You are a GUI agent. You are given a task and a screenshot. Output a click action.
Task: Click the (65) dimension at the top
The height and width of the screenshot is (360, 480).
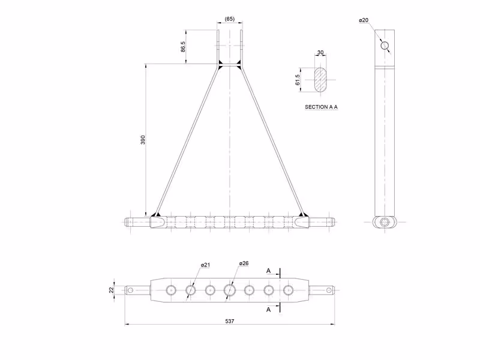[x=230, y=19]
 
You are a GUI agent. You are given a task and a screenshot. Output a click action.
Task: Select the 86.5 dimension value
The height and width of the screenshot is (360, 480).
[x=183, y=47]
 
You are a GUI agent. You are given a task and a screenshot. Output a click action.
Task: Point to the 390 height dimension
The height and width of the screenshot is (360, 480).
[x=143, y=140]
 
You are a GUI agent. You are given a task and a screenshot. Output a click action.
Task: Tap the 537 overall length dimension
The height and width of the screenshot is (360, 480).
[x=230, y=321]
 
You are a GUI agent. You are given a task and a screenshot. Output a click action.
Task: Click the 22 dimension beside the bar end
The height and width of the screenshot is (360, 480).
[x=112, y=290]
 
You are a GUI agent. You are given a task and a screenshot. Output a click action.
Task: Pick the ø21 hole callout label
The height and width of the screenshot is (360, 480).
[x=205, y=265]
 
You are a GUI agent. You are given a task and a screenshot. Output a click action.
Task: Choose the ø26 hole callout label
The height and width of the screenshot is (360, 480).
[x=244, y=263]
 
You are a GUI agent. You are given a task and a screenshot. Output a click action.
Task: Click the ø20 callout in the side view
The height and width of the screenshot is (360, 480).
[x=364, y=20]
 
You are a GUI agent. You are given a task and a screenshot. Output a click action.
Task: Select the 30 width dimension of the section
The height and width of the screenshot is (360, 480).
[x=320, y=52]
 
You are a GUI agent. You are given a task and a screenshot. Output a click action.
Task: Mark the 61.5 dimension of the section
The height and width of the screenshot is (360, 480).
[x=298, y=80]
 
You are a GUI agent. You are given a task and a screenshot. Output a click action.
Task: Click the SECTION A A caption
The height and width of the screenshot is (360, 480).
[x=321, y=107]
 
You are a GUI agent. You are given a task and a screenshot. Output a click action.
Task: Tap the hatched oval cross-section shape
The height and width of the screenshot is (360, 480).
[x=320, y=80]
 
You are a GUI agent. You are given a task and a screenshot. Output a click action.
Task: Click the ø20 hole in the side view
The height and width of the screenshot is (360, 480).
[x=385, y=46]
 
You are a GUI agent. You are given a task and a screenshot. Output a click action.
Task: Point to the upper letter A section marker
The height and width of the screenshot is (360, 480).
[x=268, y=271]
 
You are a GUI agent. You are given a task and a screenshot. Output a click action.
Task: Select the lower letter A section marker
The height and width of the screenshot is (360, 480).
[x=268, y=310]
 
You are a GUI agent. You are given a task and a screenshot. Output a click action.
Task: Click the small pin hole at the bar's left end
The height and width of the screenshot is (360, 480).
[x=130, y=290]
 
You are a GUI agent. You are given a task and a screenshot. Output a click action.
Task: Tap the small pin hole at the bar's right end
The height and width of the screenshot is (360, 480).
[x=329, y=290]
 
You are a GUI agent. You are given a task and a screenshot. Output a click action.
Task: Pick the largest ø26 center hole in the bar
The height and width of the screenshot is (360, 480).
[x=230, y=290]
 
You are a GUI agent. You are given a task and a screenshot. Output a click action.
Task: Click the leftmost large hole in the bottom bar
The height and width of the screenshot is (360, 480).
[x=171, y=290]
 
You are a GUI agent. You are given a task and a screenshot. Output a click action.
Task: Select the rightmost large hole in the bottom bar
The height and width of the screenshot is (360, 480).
[x=288, y=290]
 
